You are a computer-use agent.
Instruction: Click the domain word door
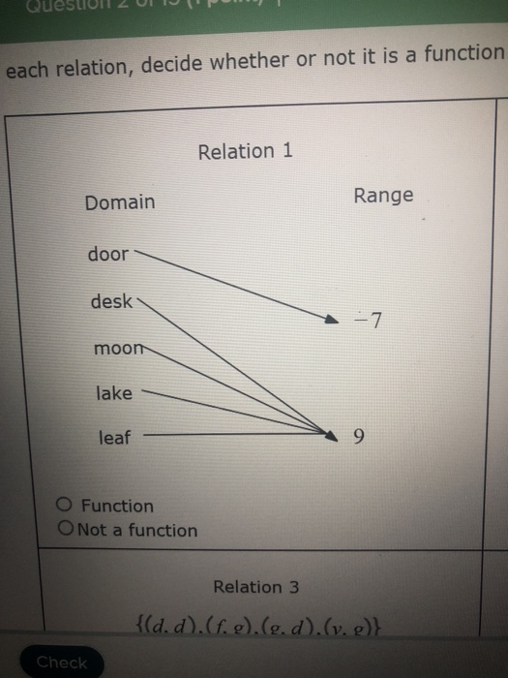pyautogui.click(x=107, y=254)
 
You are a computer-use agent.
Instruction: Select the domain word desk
pyautogui.click(x=111, y=301)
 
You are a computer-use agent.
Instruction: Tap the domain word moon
pyautogui.click(x=115, y=348)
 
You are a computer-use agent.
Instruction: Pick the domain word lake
pyautogui.click(x=114, y=392)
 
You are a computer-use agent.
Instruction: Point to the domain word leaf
pyautogui.click(x=114, y=438)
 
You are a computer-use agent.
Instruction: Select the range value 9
pyautogui.click(x=360, y=438)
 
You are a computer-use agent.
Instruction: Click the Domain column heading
pyautogui.click(x=119, y=202)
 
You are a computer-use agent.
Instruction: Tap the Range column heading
pyautogui.click(x=383, y=196)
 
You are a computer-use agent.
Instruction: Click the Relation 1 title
pyautogui.click(x=245, y=151)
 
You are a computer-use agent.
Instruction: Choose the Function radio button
pyautogui.click(x=65, y=505)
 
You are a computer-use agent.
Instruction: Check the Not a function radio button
pyautogui.click(x=66, y=529)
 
